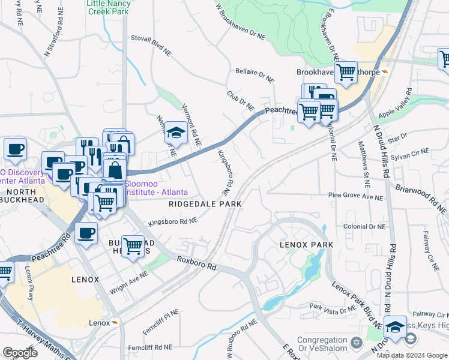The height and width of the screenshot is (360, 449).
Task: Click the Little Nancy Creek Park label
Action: tap(108, 8)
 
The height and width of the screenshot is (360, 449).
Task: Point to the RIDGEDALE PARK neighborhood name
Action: tap(205, 204)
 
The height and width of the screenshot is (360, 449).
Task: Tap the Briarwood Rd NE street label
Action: tap(421, 199)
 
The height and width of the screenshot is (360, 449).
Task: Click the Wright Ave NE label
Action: tap(128, 282)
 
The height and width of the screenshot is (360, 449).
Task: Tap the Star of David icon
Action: tap(356, 342)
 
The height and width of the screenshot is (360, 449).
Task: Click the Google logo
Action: tap(20, 353)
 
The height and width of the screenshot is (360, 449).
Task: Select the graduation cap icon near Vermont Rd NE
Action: tap(176, 133)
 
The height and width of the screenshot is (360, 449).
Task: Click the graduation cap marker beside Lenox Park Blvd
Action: tap(395, 327)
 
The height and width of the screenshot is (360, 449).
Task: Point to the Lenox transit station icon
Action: tap(115, 323)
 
